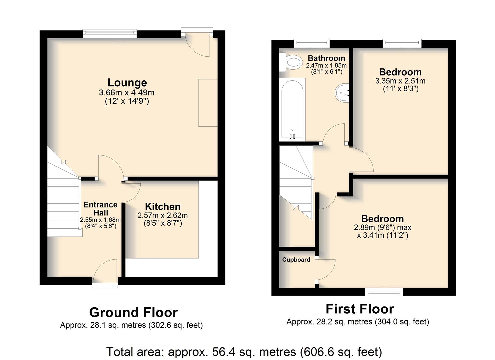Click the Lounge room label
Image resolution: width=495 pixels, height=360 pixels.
click(x=127, y=83)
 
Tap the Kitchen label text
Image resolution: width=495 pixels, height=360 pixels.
click(x=163, y=207)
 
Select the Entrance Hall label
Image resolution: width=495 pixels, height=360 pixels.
click(x=101, y=209)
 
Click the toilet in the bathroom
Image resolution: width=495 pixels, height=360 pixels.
click(x=291, y=62)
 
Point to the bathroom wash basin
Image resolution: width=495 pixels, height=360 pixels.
click(x=342, y=93)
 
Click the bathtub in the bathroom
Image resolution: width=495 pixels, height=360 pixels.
click(x=292, y=110)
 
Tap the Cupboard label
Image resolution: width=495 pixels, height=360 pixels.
click(x=296, y=260)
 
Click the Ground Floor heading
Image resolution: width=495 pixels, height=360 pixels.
click(x=133, y=312)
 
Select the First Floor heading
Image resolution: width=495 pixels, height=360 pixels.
click(x=360, y=309)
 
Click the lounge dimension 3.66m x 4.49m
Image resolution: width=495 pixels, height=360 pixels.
click(x=127, y=92)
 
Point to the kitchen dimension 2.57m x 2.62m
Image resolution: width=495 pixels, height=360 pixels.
click(x=163, y=215)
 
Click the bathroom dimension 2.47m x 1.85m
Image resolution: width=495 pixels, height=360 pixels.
click(x=326, y=65)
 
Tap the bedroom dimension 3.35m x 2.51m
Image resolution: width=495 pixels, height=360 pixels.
click(x=400, y=81)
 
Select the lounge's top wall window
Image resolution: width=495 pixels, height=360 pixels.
click(x=110, y=33)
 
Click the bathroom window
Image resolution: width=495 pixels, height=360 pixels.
click(x=312, y=43)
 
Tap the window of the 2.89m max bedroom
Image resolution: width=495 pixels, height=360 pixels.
click(x=384, y=292)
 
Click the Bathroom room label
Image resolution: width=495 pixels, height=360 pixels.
click(x=326, y=58)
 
